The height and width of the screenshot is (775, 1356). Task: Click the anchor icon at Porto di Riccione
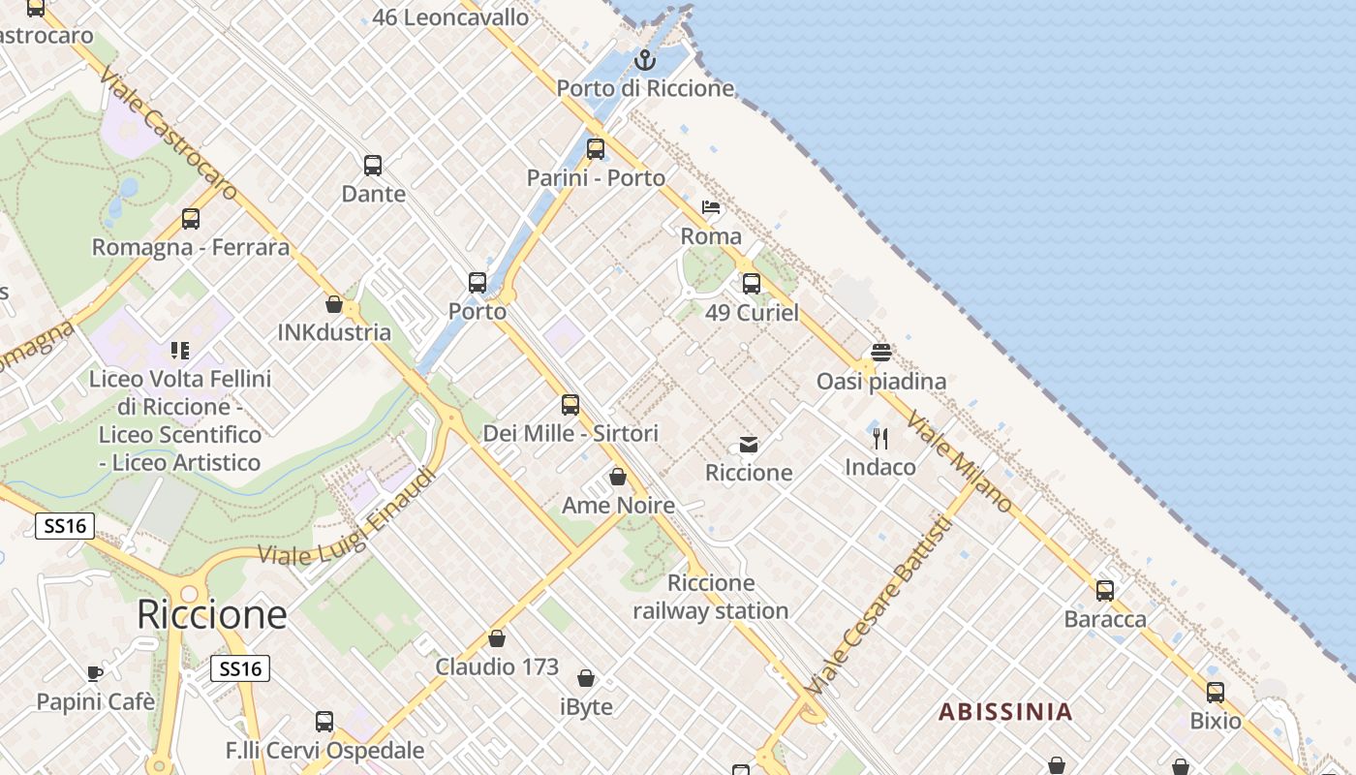tap(644, 61)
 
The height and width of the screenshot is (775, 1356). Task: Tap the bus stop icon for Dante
tap(373, 166)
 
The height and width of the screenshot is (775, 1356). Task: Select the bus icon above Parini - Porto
tap(596, 149)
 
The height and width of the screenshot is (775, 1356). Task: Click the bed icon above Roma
tap(711, 207)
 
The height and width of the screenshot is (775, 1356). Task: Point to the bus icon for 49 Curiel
tap(752, 284)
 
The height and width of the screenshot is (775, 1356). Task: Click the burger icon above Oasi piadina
tap(880, 352)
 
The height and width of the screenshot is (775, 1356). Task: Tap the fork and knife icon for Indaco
tap(880, 439)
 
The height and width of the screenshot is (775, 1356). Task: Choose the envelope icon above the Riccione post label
tap(749, 445)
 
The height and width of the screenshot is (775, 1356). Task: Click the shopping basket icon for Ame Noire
tap(618, 477)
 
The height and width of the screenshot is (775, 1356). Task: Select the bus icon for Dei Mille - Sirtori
tap(570, 405)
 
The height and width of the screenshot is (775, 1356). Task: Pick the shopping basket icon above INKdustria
tap(334, 304)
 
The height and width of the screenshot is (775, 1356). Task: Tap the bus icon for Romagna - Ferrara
tap(191, 219)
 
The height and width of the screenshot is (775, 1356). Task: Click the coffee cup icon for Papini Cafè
tap(95, 672)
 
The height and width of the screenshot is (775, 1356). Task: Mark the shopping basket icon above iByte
tap(586, 678)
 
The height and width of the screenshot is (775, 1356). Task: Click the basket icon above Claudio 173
tap(497, 638)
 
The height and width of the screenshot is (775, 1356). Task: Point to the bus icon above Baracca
tap(1105, 590)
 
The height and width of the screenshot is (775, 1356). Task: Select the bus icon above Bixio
tap(1216, 693)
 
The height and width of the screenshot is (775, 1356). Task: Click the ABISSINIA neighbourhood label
tap(1005, 713)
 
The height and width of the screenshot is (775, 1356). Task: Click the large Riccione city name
tap(212, 614)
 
